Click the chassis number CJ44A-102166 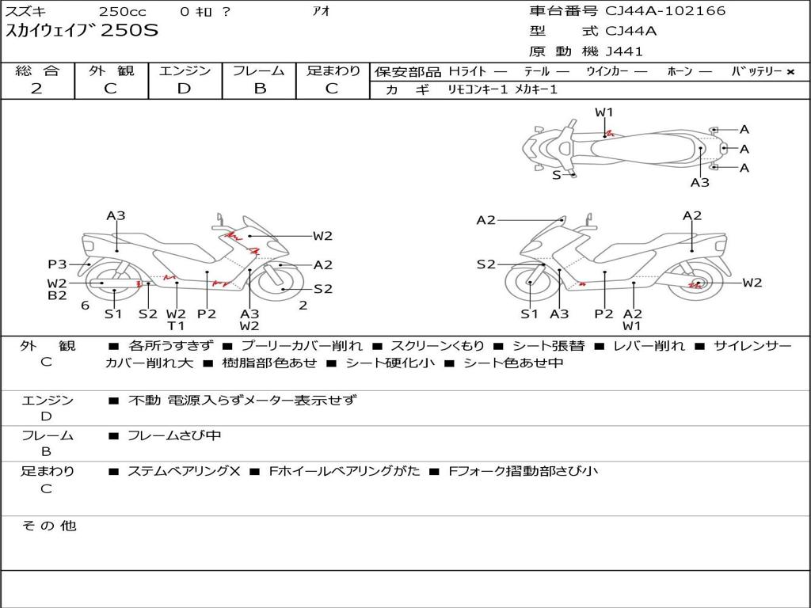[x=665, y=11]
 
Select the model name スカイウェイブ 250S [x=82, y=31]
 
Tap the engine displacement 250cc [x=123, y=11]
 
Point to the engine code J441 [x=624, y=51]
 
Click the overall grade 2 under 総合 [x=36, y=89]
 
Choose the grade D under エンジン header [x=184, y=89]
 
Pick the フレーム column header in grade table [x=259, y=70]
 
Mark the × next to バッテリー [x=790, y=72]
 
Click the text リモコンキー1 [x=478, y=89]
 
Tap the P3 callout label [x=57, y=264]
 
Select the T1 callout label [x=176, y=325]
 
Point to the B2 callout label [x=57, y=296]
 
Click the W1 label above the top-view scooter [x=603, y=112]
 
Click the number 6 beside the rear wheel [x=86, y=306]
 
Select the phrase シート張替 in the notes [x=548, y=346]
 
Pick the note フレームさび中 [x=174, y=436]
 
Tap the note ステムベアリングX [x=184, y=471]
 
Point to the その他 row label [x=48, y=526]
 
